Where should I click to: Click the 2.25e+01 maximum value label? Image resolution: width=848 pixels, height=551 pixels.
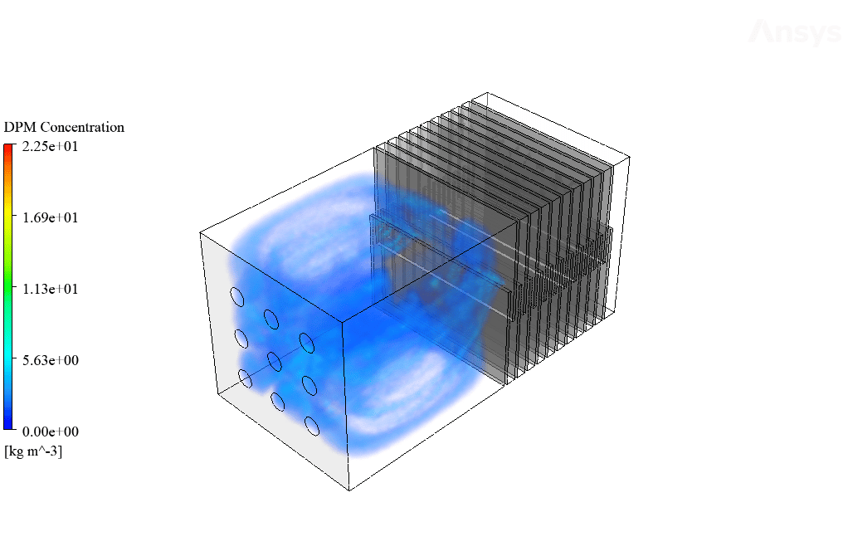pos(51,147)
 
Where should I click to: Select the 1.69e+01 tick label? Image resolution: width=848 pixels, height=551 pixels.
pos(51,218)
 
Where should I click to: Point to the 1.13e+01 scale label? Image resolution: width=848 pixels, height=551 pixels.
pos(51,290)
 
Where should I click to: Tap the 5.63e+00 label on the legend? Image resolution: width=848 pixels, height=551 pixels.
pos(51,361)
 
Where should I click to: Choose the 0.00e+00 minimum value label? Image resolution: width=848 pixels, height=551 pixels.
pos(51,432)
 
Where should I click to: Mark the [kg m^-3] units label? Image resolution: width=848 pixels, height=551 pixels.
pos(33,451)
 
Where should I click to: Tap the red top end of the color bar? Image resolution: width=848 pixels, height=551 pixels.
pos(8,148)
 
